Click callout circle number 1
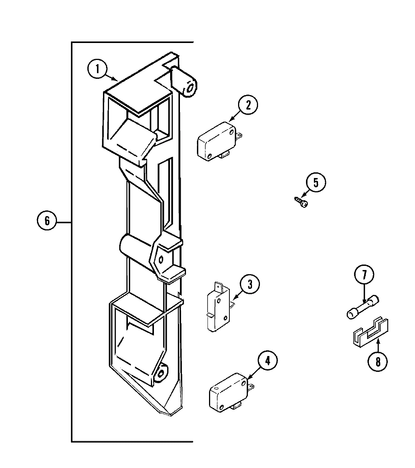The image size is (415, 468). point(98,70)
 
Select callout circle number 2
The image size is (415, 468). point(248,105)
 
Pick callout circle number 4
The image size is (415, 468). point(267,361)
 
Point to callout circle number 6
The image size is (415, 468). point(47,221)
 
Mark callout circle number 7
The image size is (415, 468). point(364,275)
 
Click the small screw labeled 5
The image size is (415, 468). point(301,202)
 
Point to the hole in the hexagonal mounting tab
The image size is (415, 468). point(161,259)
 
